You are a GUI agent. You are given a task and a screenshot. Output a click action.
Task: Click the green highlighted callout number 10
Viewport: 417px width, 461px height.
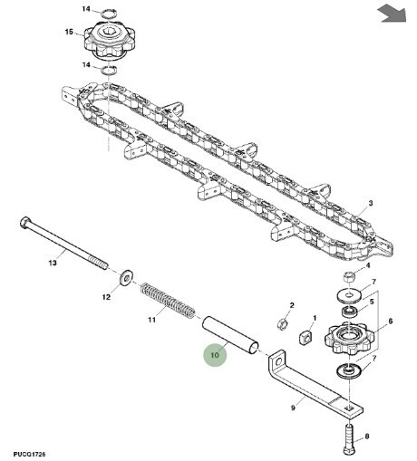pyautogui.click(x=215, y=355)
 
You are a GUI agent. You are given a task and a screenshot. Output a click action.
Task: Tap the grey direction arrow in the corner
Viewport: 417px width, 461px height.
pyautogui.click(x=392, y=14)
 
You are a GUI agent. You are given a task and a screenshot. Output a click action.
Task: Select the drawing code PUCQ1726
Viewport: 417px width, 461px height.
pyautogui.click(x=29, y=454)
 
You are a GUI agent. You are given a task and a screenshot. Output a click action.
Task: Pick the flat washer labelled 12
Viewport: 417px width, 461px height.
pyautogui.click(x=126, y=277)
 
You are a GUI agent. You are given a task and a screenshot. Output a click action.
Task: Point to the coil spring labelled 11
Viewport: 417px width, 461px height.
pyautogui.click(x=168, y=301)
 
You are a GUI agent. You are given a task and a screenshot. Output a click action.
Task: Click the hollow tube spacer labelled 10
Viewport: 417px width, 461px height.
pyautogui.click(x=230, y=334)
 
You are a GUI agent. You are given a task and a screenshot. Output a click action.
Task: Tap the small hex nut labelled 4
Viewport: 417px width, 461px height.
pyautogui.click(x=348, y=276)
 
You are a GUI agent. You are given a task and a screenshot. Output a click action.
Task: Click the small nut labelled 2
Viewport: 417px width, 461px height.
pyautogui.click(x=282, y=323)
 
